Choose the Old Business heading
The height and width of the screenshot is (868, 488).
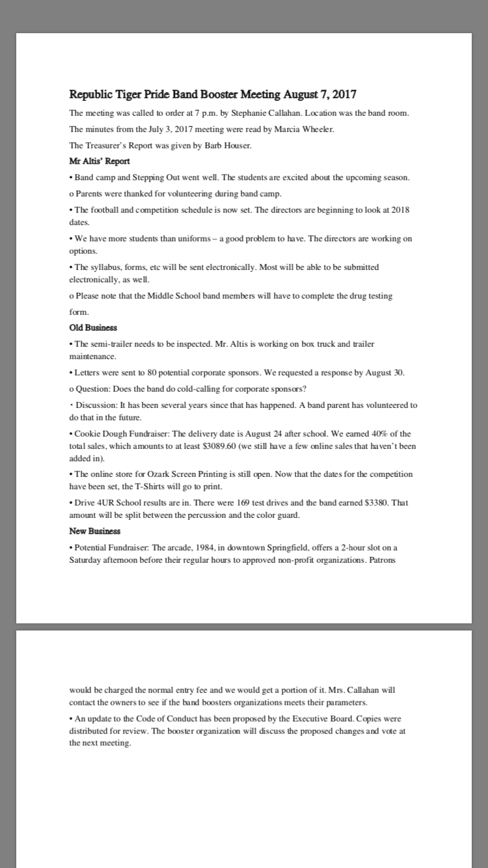point(93,327)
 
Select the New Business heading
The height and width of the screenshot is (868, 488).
point(95,532)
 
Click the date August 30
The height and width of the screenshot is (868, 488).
point(386,373)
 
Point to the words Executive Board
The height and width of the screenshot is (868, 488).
point(324,719)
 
